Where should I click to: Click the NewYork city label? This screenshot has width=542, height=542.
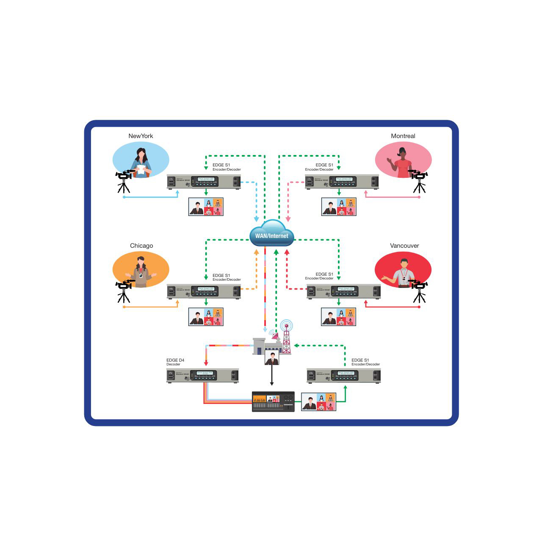coord(141,136)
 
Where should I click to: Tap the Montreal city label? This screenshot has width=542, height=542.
coord(403,136)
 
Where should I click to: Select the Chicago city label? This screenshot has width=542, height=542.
coord(141,246)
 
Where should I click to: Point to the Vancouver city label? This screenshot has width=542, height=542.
coord(404,246)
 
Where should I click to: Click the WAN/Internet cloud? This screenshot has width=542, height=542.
coord(271,234)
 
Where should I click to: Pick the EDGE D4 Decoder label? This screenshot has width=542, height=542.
coord(175,362)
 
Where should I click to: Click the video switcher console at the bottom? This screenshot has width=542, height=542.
coord(273,401)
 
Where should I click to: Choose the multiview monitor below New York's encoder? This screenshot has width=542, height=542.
coord(206,207)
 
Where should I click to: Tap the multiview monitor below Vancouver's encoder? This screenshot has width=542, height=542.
coord(338,317)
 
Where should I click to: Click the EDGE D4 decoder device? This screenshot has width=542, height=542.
coord(202,376)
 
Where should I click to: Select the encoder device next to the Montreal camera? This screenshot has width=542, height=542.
coord(342,182)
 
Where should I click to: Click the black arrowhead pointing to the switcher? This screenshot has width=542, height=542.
coord(272,384)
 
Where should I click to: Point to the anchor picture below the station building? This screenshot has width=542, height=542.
coord(272,358)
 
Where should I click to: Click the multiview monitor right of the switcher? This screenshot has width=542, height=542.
coord(318,401)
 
